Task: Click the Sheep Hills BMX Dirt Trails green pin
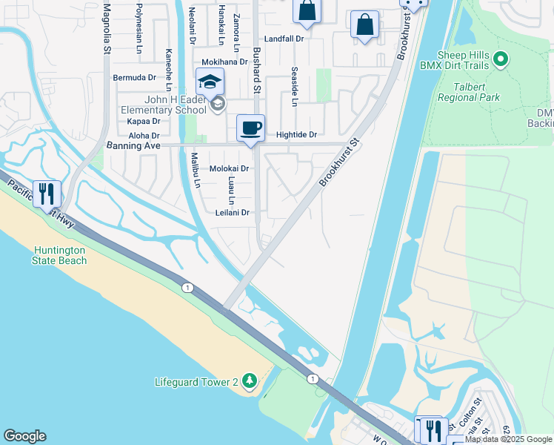pyautogui.click(x=501, y=59)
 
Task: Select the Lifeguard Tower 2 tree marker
pyautogui.click(x=250, y=381)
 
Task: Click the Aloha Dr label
pyautogui.click(x=144, y=136)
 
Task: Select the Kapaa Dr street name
pyautogui.click(x=144, y=121)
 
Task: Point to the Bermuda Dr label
pyautogui.click(x=135, y=77)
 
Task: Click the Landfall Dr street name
pyautogui.click(x=284, y=39)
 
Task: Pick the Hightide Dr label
pyautogui.click(x=296, y=135)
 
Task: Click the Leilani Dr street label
pyautogui.click(x=231, y=212)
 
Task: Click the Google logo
pyautogui.click(x=24, y=436)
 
